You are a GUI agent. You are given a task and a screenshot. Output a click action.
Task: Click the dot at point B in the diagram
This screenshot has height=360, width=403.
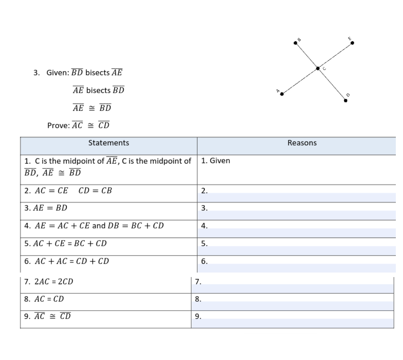point(296,43)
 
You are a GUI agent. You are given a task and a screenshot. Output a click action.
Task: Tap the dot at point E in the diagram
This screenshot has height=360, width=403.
point(352,43)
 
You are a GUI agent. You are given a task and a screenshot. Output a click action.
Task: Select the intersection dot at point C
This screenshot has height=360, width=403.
point(318,69)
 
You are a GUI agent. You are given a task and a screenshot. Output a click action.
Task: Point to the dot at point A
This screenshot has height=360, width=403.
point(281,94)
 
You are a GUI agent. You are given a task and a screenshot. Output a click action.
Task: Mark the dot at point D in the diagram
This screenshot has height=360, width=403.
point(345,101)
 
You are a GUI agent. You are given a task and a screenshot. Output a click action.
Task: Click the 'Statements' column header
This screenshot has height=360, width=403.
point(109,143)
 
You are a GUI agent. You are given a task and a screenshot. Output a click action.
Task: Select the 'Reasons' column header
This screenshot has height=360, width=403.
point(302,143)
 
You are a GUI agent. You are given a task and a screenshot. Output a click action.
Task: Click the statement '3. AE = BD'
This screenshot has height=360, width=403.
point(46,208)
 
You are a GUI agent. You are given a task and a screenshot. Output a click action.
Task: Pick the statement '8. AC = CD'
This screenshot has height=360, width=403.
point(44,299)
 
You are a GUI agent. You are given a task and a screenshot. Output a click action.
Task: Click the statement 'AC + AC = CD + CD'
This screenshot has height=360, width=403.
point(72,261)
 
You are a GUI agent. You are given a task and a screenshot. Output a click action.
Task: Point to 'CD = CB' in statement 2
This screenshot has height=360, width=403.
point(95,191)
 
